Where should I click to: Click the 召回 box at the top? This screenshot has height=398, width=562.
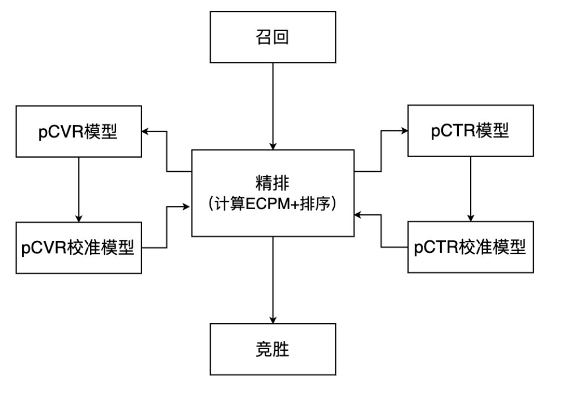click(273, 37)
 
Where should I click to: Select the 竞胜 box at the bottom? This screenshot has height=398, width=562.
click(273, 349)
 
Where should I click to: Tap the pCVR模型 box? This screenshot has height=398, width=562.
click(79, 132)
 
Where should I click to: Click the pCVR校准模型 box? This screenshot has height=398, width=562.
click(79, 248)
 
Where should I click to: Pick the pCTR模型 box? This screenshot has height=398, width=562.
click(470, 130)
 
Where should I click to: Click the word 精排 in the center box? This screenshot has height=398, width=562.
click(273, 183)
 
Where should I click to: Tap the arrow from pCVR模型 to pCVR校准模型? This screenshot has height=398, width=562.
click(79, 190)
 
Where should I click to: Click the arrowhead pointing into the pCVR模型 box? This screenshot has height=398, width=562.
click(145, 132)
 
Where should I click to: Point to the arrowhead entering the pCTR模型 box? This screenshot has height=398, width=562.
click(404, 130)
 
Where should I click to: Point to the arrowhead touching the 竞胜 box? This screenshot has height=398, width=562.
click(273, 320)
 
